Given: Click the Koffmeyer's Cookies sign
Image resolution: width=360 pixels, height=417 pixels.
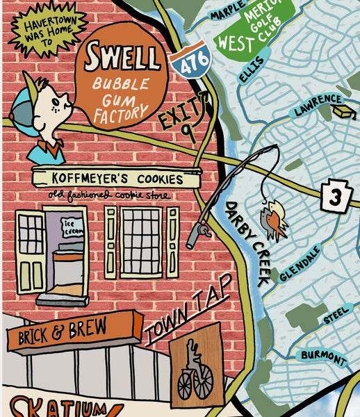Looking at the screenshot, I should [x=117, y=179].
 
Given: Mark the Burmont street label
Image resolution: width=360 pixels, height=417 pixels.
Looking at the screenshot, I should [x=323, y=357].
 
